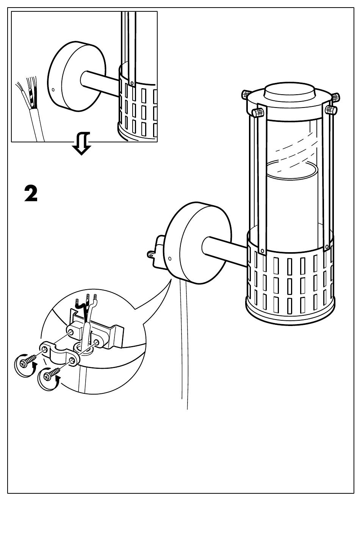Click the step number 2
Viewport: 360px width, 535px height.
(x=31, y=194)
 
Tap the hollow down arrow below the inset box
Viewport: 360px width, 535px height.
(x=81, y=143)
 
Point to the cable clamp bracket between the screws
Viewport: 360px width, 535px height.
(x=59, y=354)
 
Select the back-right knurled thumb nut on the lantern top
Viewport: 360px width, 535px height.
(x=336, y=97)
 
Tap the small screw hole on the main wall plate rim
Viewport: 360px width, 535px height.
(x=170, y=259)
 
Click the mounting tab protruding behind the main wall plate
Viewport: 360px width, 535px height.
(x=156, y=252)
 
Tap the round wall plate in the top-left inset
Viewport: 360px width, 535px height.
(x=77, y=76)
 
